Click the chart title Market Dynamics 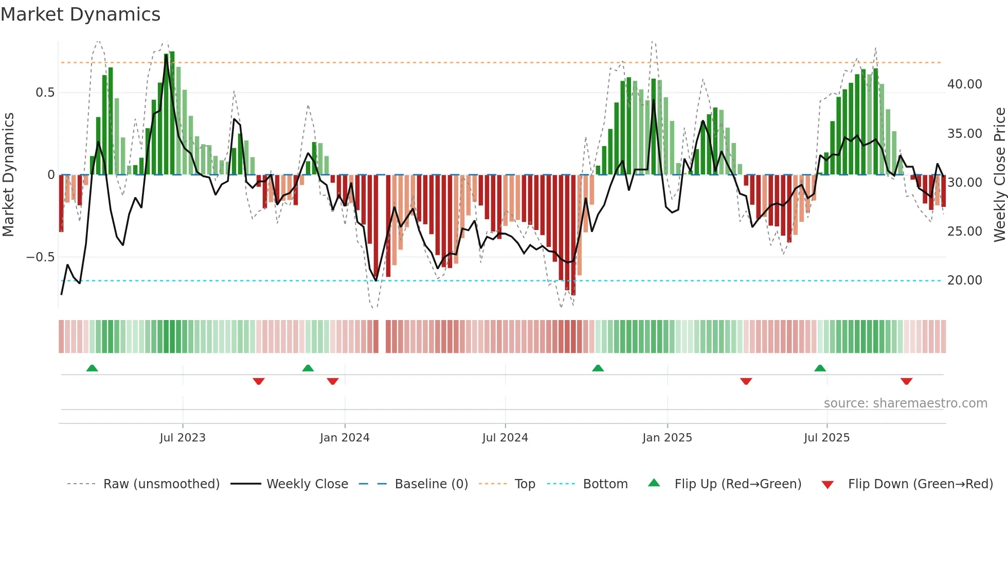[x=80, y=14]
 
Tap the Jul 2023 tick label [x=183, y=438]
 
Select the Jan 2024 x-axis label [x=345, y=438]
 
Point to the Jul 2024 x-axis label [x=505, y=438]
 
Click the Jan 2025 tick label [x=667, y=438]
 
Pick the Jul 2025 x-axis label [x=826, y=438]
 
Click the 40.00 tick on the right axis [x=964, y=84]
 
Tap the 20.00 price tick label [x=964, y=280]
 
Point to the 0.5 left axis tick [x=45, y=93]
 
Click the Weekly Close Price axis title [x=999, y=175]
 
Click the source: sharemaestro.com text [x=905, y=403]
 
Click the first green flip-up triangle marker [x=92, y=368]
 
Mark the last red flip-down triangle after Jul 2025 [x=906, y=381]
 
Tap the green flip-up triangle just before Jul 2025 [x=820, y=368]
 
